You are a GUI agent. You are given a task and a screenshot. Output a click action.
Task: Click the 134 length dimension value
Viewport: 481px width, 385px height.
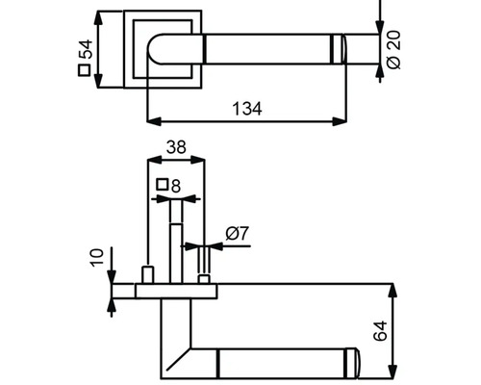point(247,109)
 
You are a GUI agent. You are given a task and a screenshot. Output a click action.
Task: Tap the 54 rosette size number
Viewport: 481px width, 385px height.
point(86,49)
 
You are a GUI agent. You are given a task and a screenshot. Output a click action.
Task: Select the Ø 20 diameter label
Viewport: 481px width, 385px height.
point(393,50)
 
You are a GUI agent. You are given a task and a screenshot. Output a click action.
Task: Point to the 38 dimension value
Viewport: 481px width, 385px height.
point(176,147)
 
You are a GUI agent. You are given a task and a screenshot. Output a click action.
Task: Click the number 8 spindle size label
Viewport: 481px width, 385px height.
point(176,186)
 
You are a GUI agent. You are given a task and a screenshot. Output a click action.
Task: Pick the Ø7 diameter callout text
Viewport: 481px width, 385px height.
point(238,233)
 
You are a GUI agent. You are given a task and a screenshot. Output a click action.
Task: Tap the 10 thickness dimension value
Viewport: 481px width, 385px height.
point(97,257)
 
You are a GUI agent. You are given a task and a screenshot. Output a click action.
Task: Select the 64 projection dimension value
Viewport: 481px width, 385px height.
point(381,331)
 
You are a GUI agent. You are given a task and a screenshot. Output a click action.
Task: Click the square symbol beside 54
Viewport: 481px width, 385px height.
point(85,70)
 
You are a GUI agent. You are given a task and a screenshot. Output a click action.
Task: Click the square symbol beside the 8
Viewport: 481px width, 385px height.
point(163,185)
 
